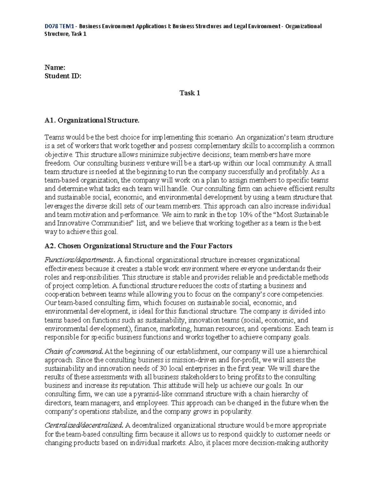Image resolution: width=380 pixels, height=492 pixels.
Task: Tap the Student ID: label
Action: point(63,76)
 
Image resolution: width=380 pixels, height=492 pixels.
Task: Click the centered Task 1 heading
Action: point(190,93)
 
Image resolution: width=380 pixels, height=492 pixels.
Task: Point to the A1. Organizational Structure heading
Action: point(92,120)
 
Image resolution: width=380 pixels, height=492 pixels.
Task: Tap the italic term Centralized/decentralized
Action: point(84,425)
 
